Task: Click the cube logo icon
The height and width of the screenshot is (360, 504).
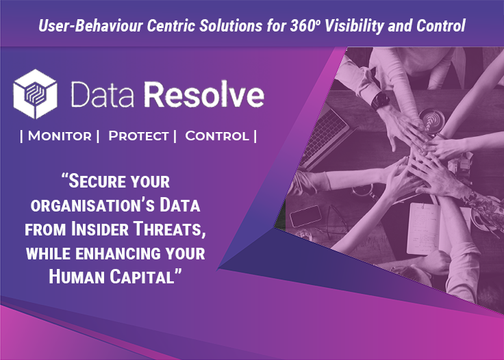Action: pyautogui.click(x=36, y=94)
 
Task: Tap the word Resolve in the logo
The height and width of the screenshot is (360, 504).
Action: pyautogui.click(x=204, y=94)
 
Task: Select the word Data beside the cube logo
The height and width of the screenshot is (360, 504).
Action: pyautogui.click(x=102, y=94)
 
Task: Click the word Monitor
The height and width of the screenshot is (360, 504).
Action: pyautogui.click(x=60, y=136)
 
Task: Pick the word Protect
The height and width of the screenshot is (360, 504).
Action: pyautogui.click(x=138, y=136)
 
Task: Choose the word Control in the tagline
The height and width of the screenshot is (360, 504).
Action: pyautogui.click(x=217, y=136)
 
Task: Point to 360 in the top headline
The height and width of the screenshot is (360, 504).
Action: pyautogui.click(x=303, y=26)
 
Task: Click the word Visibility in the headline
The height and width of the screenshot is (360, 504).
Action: pyautogui.click(x=354, y=26)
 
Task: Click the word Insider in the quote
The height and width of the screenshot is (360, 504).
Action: pyautogui.click(x=100, y=229)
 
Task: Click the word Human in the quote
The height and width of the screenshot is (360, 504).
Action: pyautogui.click(x=77, y=277)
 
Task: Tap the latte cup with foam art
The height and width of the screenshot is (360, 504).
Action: pyautogui.click(x=431, y=120)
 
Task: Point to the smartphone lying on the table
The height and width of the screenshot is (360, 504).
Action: pyautogui.click(x=305, y=216)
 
